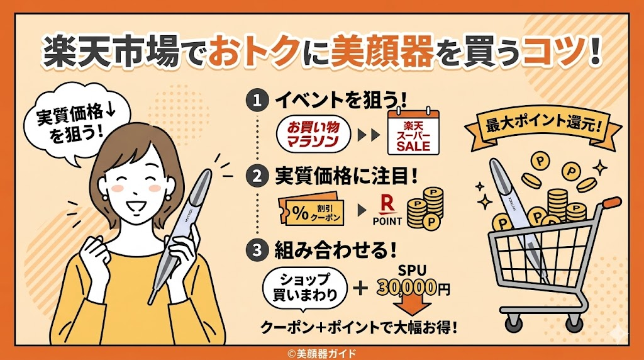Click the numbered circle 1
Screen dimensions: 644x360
click(257, 101)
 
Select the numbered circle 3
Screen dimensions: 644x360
click(257, 250)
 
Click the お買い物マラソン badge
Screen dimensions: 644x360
click(313, 135)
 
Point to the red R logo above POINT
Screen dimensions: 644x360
click(387, 205)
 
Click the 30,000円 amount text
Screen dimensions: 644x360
click(413, 288)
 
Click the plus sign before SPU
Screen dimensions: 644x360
click(360, 288)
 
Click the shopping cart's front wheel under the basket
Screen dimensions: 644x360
click(513, 323)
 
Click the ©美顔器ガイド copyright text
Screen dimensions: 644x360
click(321, 354)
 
